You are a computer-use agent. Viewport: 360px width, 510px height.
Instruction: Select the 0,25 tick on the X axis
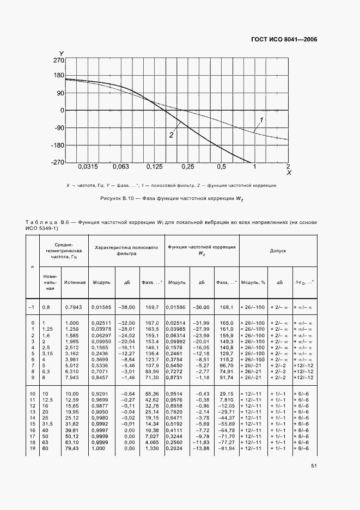coord(188,166)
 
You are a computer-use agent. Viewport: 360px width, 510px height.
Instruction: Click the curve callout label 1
coord(262,119)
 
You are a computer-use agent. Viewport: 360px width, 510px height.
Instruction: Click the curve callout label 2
coord(171,135)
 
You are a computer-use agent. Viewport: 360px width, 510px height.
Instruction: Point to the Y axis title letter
coord(62,53)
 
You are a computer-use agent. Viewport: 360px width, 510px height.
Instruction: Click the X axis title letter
coord(289,173)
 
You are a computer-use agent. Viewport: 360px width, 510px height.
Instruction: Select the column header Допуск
coord(278,251)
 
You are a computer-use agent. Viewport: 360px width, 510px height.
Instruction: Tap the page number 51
coord(314,466)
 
